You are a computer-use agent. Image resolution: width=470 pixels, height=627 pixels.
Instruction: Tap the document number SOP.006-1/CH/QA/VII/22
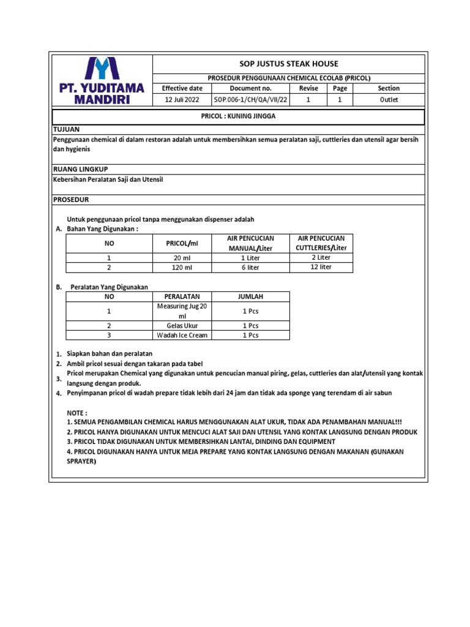[x=250, y=99]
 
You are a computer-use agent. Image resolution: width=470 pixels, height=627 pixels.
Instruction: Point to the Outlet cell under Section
[x=389, y=99]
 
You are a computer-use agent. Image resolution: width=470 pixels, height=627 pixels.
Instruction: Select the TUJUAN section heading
[x=67, y=130]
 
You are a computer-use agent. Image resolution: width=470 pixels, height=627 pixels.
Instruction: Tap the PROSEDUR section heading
[x=72, y=200]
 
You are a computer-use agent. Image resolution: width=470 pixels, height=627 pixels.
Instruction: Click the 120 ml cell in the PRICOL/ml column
[x=182, y=268]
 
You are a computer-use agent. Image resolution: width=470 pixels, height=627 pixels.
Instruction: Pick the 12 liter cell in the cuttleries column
[x=321, y=267]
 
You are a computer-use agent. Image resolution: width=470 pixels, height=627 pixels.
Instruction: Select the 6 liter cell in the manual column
[x=250, y=268]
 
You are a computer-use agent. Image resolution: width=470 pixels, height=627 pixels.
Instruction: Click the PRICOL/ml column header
[x=182, y=243]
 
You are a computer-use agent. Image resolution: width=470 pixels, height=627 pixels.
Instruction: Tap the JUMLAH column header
[x=250, y=296]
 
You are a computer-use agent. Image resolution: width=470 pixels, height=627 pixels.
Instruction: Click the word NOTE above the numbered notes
[x=76, y=413]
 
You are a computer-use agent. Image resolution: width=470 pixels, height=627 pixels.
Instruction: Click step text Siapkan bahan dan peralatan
[x=110, y=354]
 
